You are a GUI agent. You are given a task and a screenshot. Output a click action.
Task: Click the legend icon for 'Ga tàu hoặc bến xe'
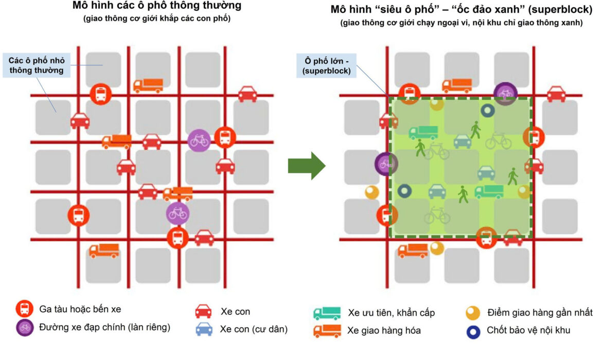point(24,309)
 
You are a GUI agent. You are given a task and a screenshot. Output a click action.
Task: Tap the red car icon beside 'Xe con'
point(203,311)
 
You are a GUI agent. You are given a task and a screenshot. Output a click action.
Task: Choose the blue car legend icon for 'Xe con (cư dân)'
point(203,329)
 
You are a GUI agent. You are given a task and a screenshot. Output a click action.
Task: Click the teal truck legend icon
point(327,313)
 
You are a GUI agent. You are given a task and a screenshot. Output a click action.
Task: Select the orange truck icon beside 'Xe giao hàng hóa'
point(327,331)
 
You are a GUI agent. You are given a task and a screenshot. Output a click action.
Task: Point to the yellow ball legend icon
point(473,312)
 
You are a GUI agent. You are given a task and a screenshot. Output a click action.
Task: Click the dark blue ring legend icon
point(473,331)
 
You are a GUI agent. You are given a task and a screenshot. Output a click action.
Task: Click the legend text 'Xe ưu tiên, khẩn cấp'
point(392,313)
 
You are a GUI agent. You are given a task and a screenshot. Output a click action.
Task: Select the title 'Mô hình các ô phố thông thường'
point(156,7)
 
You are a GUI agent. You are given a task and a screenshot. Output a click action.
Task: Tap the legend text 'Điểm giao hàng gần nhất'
point(540,312)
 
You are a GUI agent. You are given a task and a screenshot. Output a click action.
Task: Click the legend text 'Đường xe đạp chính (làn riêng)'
point(104,327)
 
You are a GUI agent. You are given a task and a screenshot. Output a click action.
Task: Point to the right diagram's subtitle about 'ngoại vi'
point(462,23)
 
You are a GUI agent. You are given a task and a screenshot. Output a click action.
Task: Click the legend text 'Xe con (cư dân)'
point(254,329)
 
